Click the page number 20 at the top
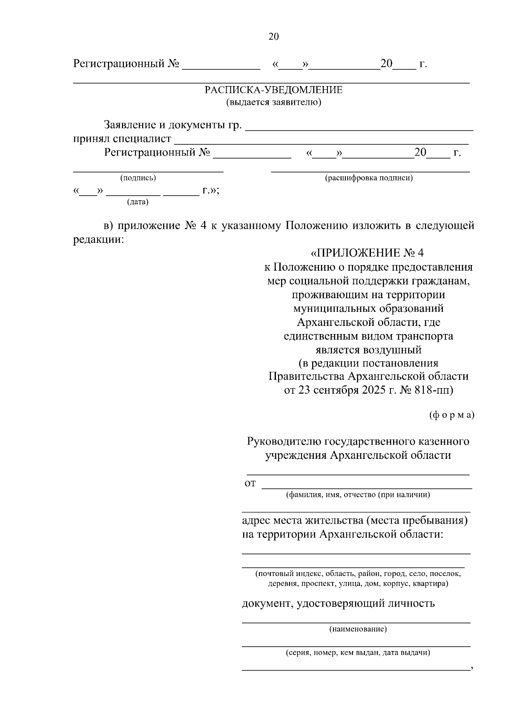click(273, 37)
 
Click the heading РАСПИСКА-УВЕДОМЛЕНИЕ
click(273, 90)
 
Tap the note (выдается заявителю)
click(273, 102)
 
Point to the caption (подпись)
click(138, 178)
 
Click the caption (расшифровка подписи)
click(369, 178)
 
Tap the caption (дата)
click(138, 202)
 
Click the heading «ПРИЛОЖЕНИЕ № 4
click(368, 253)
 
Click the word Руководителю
click(284, 441)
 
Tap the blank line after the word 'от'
click(366, 487)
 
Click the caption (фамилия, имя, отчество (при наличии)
click(358, 495)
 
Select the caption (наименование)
click(358, 629)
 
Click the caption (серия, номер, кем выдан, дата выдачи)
click(358, 652)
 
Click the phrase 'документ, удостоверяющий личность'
click(338, 603)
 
